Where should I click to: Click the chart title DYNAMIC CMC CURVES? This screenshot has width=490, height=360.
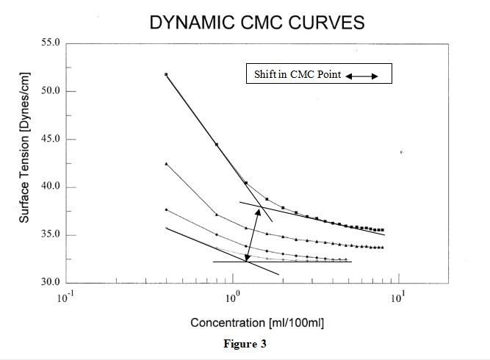tap(256, 22)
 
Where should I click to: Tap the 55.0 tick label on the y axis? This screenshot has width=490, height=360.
tap(51, 44)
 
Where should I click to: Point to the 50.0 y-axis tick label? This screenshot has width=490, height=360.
tap(51, 92)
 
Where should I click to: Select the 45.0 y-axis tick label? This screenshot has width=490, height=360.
tap(51, 140)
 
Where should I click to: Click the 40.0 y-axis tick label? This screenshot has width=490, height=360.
tap(51, 187)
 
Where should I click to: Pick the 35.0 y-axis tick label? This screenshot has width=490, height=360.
tap(51, 235)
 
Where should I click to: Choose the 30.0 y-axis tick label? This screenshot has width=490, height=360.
tap(51, 283)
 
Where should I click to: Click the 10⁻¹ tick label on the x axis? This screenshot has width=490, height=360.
tap(66, 298)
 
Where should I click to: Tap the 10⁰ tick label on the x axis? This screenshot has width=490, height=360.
tap(232, 298)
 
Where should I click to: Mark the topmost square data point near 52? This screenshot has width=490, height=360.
tap(167, 74)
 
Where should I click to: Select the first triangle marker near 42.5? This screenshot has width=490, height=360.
tap(167, 163)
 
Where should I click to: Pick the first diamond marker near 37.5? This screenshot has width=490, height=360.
tap(167, 209)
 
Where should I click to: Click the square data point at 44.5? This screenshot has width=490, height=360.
tap(217, 145)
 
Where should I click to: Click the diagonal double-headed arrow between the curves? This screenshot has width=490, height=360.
tap(252, 234)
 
